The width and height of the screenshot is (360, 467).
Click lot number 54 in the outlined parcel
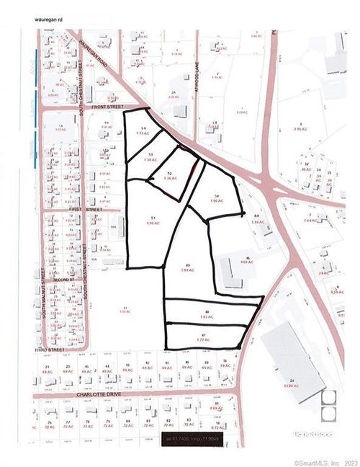144,128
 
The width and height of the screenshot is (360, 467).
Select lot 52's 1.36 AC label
169,178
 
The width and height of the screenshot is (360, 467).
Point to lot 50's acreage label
215,200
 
